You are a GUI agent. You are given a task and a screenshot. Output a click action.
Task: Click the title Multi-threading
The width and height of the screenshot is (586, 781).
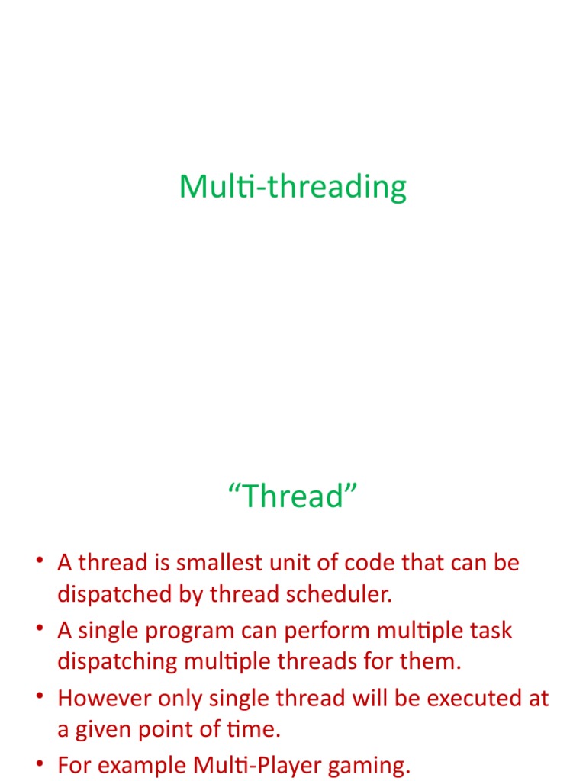(x=293, y=187)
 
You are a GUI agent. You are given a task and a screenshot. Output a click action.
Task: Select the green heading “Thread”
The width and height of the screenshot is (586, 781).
(x=293, y=497)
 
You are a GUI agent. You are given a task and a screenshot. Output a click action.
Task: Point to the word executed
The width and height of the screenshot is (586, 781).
(x=465, y=699)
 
